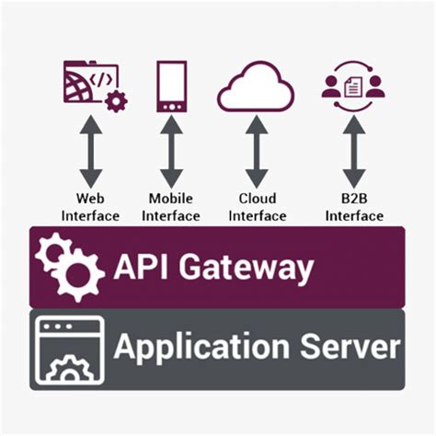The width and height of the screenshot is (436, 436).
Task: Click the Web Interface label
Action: (90, 207)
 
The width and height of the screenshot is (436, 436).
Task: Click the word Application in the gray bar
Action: (202, 349)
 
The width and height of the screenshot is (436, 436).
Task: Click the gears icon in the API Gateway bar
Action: (69, 266)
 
